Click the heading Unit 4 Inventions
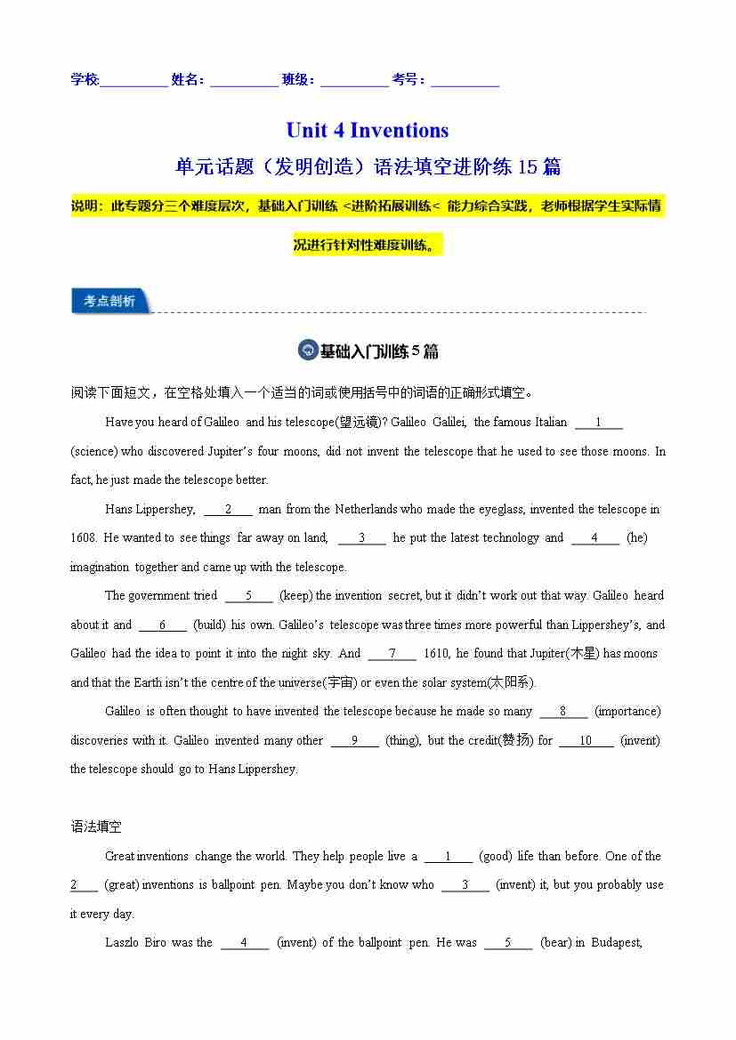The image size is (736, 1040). point(367,131)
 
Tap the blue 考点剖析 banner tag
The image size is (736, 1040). point(110,302)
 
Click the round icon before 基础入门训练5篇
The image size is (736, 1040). point(307,351)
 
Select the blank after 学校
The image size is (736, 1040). point(134,81)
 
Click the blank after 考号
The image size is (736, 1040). point(465,81)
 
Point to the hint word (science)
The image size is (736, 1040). point(94,451)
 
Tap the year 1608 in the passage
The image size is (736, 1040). point(83,537)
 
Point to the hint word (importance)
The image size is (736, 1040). point(627,711)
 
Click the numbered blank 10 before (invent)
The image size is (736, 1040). point(586,740)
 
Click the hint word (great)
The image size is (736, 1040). point(121,884)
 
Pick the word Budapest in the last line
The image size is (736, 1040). point(616,942)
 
